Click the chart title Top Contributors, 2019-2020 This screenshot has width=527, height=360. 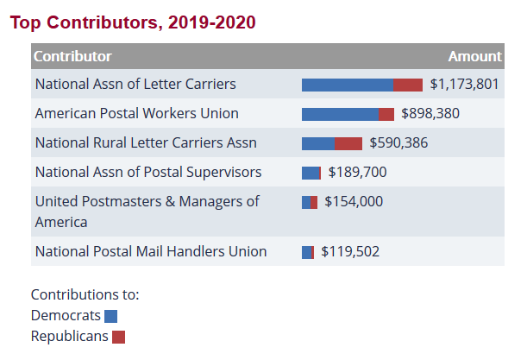point(133,22)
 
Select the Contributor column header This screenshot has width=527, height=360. point(72,56)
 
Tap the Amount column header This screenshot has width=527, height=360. point(474,56)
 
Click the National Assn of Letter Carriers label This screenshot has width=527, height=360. point(135,85)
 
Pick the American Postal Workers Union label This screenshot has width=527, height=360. point(137,114)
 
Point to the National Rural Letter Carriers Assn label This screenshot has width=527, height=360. point(146,143)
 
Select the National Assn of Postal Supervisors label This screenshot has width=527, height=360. point(148,172)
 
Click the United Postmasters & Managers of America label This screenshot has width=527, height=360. point(147,212)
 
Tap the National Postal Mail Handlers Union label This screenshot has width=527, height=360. point(151,252)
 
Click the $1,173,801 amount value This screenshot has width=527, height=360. point(464,85)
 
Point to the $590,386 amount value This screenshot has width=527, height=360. point(398,143)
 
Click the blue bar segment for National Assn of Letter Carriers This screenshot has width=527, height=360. point(347,85)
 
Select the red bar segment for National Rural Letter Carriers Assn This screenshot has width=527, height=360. point(348,143)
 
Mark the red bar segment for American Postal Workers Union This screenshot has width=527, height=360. point(386,114)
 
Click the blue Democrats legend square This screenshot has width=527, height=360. point(110,316)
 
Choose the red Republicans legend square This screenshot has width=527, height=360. point(119,337)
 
